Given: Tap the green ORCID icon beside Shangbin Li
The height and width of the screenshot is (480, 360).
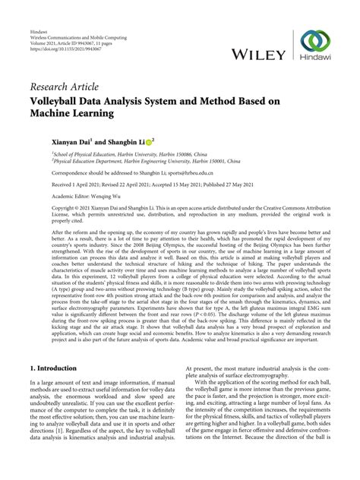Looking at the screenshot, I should tap(149, 141).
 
